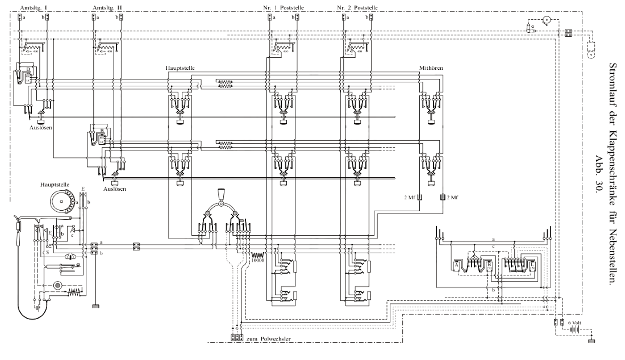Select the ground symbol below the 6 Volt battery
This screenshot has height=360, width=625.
pyautogui.click(x=593, y=341)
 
